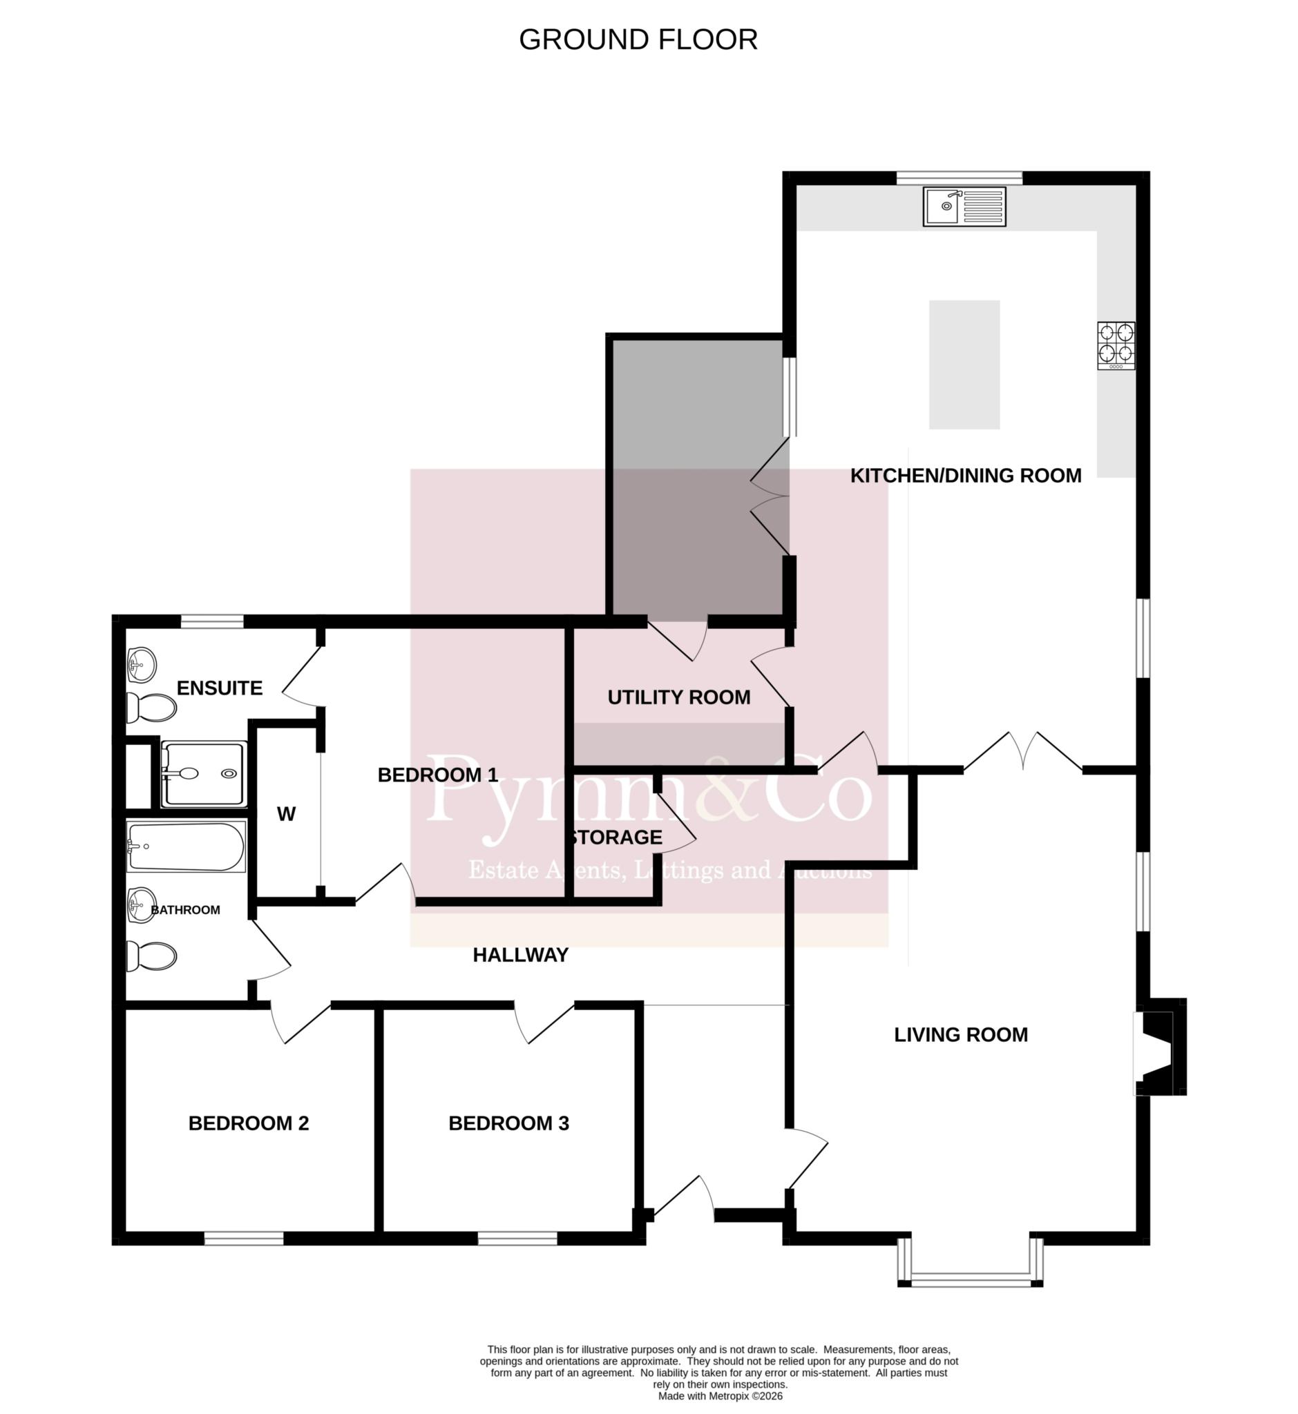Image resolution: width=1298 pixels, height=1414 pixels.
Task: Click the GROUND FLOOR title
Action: tap(638, 40)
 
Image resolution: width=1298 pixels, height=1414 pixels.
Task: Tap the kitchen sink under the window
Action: tap(964, 206)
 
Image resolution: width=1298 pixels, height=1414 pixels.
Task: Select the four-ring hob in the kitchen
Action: tap(1116, 345)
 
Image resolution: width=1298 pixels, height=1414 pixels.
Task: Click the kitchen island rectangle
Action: tap(964, 365)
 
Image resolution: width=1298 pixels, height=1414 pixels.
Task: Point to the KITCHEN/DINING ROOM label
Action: tap(966, 475)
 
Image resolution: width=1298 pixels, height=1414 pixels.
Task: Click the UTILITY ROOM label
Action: tap(678, 697)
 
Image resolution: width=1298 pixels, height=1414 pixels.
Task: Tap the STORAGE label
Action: tap(616, 837)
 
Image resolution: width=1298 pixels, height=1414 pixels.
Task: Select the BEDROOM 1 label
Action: tap(437, 775)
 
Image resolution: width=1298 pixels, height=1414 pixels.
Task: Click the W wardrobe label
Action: tap(286, 814)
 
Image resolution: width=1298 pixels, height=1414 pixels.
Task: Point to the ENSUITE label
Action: tap(219, 688)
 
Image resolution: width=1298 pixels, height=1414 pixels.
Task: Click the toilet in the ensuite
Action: tap(151, 708)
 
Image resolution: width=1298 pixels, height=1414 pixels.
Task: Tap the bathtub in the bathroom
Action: tap(186, 846)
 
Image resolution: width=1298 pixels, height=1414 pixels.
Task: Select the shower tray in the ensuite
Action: tap(204, 774)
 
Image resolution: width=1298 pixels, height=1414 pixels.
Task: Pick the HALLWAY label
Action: tap(520, 954)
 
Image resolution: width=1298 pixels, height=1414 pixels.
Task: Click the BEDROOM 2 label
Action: tap(249, 1123)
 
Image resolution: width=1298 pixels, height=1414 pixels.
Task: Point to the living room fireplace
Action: tap(1160, 1046)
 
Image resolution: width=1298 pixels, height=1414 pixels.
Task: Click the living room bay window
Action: tap(970, 1282)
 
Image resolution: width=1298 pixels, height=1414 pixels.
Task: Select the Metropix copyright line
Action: tap(720, 1397)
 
